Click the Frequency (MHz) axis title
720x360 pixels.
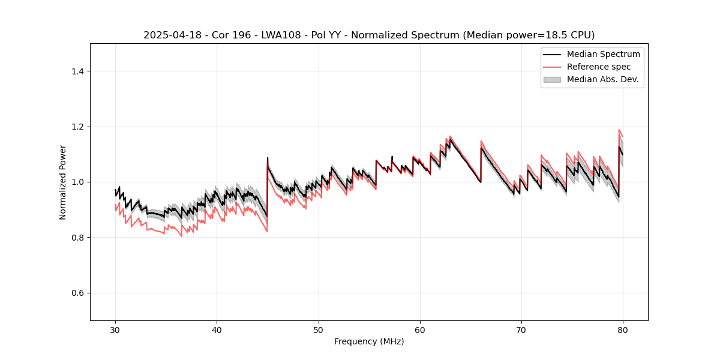click(x=369, y=341)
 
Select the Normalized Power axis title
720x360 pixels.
click(x=63, y=182)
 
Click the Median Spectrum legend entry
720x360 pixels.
click(x=603, y=54)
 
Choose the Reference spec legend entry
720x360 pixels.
click(x=598, y=67)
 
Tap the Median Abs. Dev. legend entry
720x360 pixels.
click(x=602, y=79)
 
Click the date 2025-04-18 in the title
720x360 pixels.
click(x=170, y=35)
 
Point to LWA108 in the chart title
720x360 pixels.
click(x=282, y=35)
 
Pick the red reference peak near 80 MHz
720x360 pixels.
click(x=619, y=130)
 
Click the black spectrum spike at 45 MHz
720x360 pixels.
click(x=268, y=158)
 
